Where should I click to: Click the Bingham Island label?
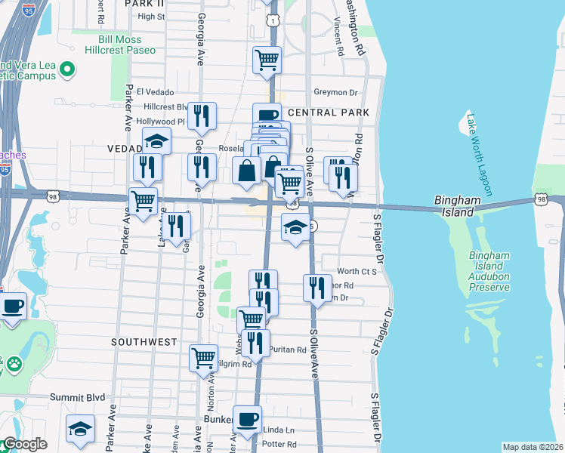(458, 206)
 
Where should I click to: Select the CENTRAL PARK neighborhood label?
(329, 112)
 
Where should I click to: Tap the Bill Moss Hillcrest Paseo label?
(127, 44)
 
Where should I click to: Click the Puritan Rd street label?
(290, 350)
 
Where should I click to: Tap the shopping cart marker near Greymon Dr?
(267, 60)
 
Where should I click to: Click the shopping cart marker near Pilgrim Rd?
(203, 359)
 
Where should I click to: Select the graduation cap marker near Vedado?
(156, 141)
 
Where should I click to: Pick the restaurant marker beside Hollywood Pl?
(202, 116)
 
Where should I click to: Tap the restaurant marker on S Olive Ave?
(317, 287)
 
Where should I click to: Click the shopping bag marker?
(246, 171)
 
